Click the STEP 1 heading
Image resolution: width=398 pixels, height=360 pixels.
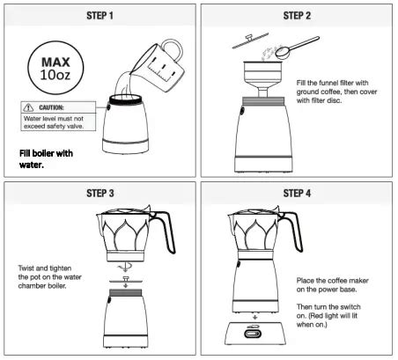99,16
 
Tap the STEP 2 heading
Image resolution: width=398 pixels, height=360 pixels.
297,16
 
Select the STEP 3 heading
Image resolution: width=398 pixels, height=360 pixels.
99,194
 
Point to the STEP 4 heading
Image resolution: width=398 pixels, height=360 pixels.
297,194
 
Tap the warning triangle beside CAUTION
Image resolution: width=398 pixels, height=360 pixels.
28,107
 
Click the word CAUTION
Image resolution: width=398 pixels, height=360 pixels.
51,107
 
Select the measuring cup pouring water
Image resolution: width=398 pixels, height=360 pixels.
160,66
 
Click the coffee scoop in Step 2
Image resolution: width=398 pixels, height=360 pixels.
297,48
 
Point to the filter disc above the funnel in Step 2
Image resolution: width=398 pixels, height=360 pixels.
250,40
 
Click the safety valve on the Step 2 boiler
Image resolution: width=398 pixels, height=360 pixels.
242,111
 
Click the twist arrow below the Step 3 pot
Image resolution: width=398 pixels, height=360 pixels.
125,268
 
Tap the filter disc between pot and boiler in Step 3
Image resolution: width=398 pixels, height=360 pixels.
126,280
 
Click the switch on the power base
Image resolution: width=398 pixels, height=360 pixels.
253,334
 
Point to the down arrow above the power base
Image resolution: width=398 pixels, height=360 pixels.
255,317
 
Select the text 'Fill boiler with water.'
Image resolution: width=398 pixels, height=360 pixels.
46,159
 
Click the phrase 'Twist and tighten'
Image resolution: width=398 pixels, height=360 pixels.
45,268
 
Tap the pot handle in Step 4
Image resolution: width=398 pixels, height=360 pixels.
293,231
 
